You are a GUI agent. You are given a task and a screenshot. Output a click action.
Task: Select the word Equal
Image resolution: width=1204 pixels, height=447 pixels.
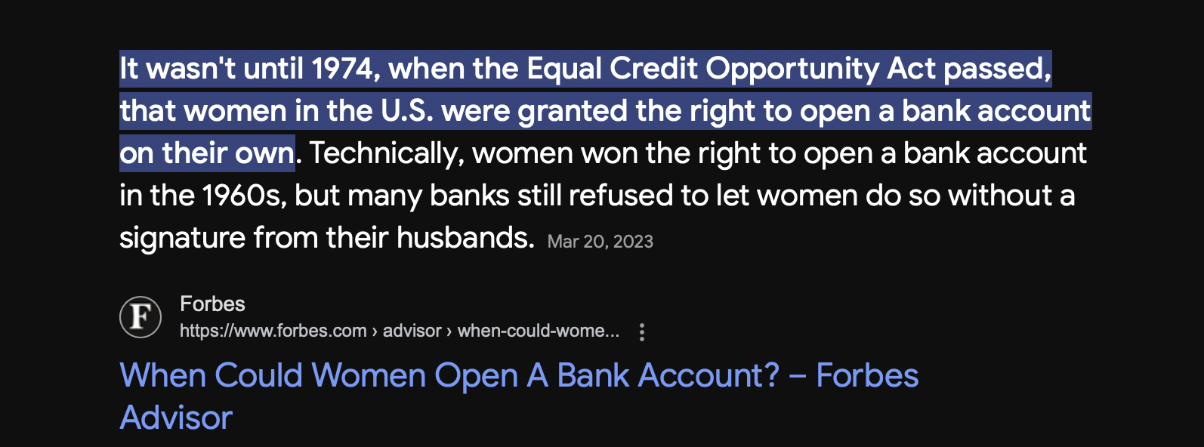563,69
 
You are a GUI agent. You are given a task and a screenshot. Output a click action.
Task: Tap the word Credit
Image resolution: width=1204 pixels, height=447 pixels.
653,69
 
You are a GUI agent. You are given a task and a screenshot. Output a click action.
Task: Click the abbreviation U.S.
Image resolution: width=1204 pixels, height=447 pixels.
407,111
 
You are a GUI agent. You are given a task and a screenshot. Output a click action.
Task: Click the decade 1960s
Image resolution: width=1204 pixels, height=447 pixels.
244,196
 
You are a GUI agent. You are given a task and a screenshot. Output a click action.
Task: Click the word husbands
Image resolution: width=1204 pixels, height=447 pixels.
465,237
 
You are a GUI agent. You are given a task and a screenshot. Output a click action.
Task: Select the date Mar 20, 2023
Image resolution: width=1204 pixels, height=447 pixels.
600,242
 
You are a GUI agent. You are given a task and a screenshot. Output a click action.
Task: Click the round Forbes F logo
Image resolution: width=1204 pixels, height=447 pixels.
140,317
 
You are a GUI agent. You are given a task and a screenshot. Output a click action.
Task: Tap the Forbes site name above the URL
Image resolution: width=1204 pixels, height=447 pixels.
212,304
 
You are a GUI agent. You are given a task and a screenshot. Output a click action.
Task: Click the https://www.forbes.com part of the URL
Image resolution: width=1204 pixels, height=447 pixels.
273,331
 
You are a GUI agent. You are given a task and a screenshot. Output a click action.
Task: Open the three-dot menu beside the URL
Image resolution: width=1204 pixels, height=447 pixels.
642,332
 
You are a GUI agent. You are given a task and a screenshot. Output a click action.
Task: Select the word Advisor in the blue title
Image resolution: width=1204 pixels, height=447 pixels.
176,418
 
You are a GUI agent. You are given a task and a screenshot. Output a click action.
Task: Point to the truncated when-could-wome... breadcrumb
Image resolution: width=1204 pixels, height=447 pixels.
538,331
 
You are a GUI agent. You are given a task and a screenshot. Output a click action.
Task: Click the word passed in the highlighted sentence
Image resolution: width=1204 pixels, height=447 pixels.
998,69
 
